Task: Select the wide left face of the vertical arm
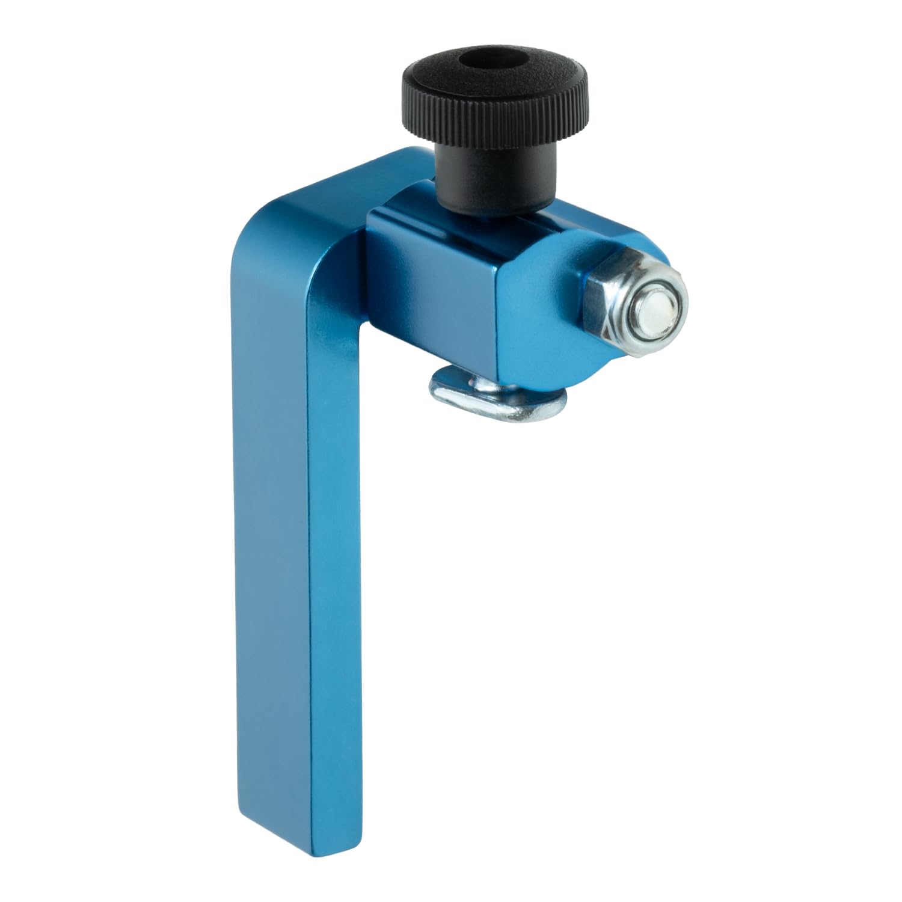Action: [271, 541]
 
